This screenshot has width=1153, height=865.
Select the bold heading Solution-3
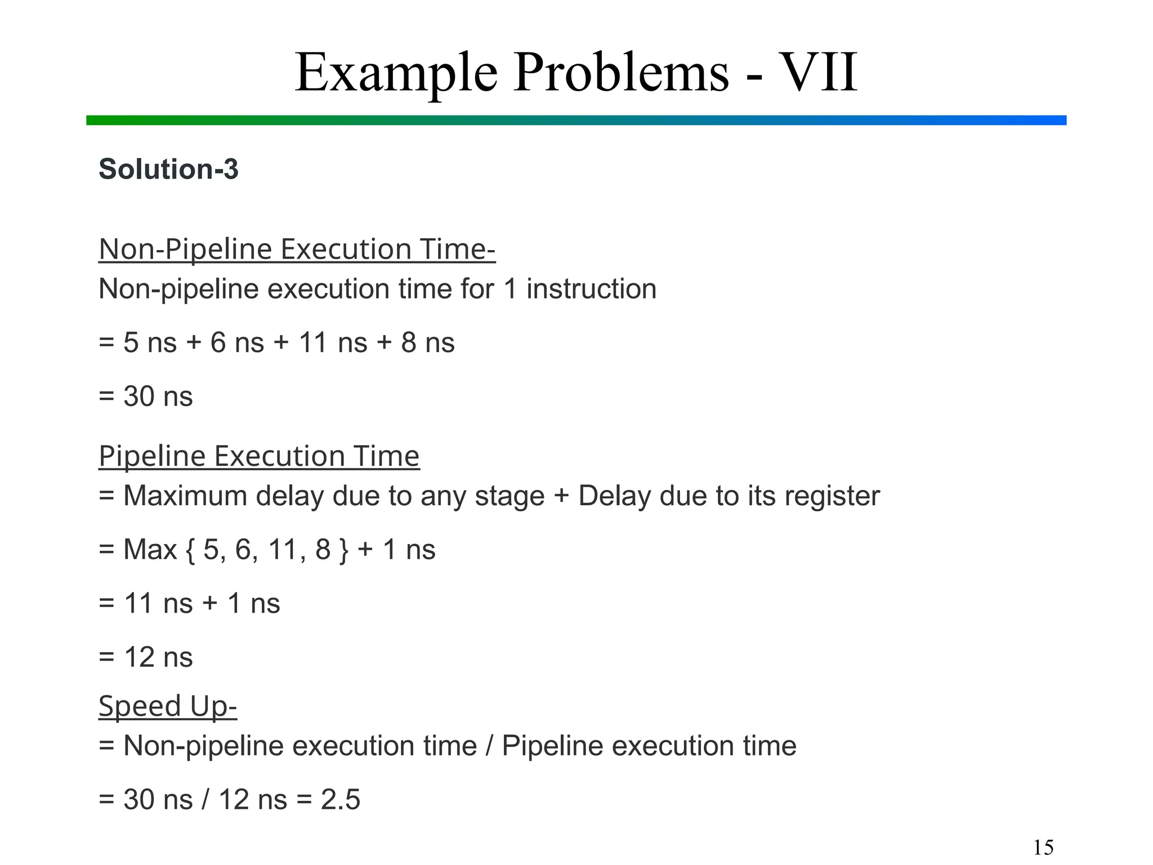point(168,169)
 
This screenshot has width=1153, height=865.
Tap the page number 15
point(1043,847)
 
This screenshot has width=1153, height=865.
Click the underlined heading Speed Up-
point(168,706)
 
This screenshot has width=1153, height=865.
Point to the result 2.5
point(340,800)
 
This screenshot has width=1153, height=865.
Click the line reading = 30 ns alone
point(146,396)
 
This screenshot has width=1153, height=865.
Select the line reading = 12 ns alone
point(146,657)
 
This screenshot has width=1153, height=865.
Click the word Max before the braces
point(150,550)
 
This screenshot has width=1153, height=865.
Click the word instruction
point(591,289)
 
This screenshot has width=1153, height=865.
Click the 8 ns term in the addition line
point(428,342)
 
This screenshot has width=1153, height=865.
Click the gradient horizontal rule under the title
point(576,120)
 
